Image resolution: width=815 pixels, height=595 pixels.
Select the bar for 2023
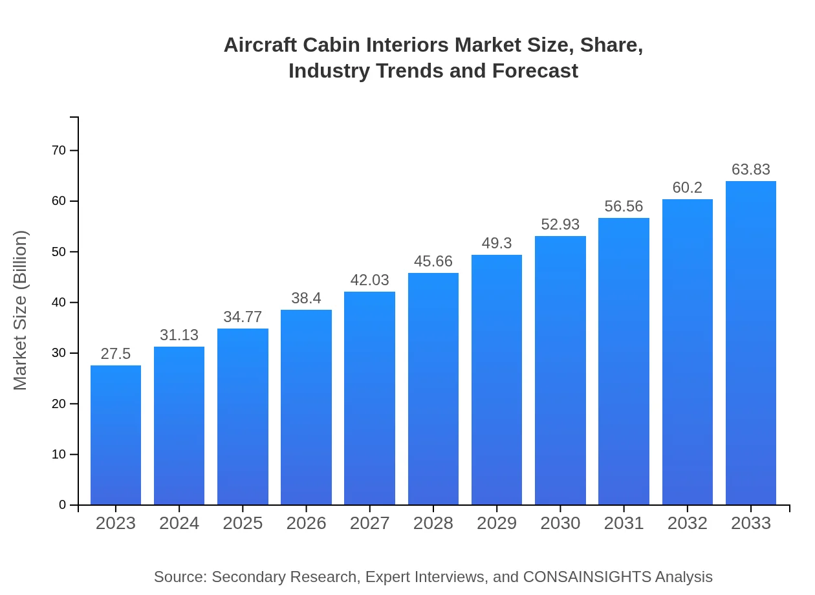pos(116,435)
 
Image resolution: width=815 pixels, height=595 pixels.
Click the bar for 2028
pos(433,389)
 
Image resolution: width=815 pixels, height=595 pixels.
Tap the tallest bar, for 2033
pos(751,343)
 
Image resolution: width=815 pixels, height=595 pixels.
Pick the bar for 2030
pos(560,370)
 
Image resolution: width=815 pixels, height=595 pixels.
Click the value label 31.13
pos(179,335)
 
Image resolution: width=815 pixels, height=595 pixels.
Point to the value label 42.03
pos(369,280)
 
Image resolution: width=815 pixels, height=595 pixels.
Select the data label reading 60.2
pos(687,188)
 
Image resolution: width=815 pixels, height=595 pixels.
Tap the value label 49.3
pos(497,243)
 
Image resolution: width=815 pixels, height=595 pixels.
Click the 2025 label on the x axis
pos(243,523)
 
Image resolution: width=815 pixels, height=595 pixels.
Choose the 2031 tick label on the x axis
pos(624,523)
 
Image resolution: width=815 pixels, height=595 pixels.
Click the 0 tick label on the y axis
pos(63,505)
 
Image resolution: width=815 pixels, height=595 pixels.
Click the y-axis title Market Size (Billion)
pos(21,310)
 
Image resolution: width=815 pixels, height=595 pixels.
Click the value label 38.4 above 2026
pos(306,298)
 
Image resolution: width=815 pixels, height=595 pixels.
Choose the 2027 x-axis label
pos(369,523)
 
